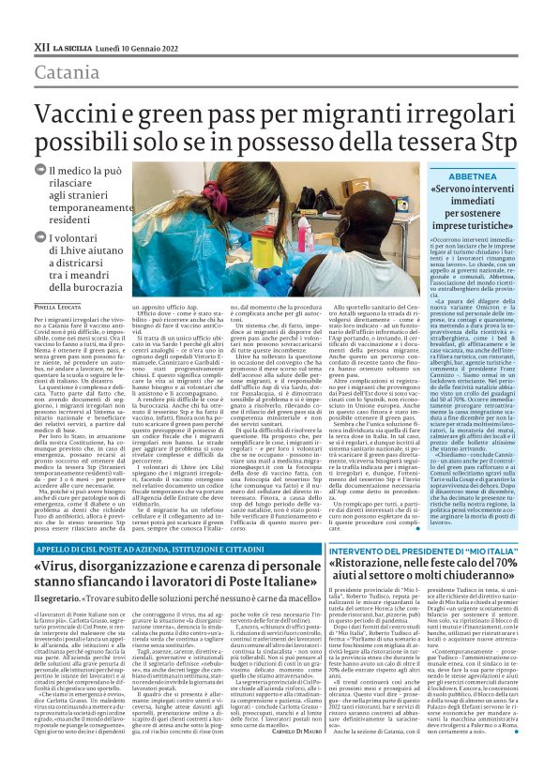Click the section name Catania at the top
point(64,71)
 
